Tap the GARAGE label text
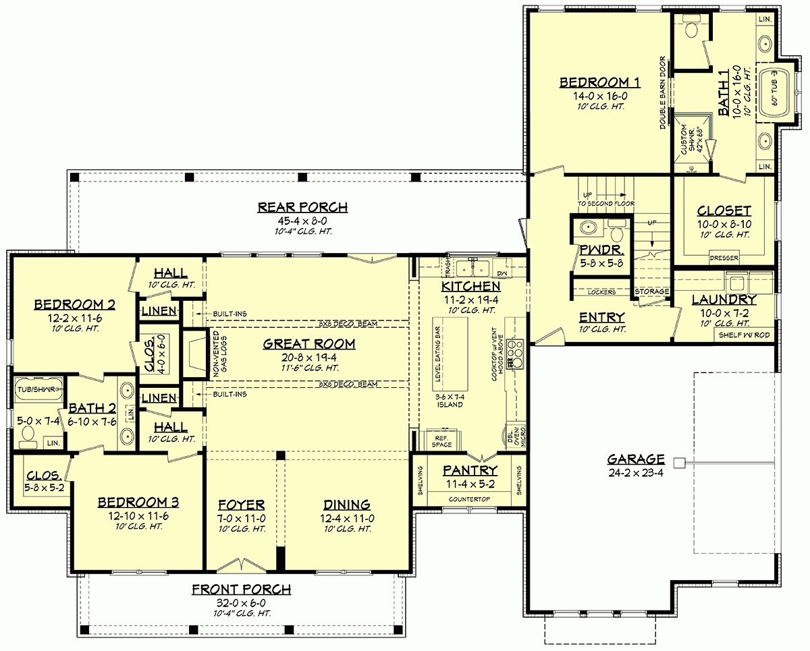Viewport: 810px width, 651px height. pyautogui.click(x=636, y=459)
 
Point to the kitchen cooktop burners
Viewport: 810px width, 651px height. pyautogui.click(x=517, y=349)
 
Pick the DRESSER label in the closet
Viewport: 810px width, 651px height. pyautogui.click(x=724, y=258)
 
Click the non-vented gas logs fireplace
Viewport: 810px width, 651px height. pyautogui.click(x=194, y=354)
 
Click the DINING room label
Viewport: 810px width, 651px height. pyautogui.click(x=346, y=504)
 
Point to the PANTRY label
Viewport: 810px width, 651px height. pyautogui.click(x=470, y=470)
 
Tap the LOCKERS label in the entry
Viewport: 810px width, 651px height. pyautogui.click(x=601, y=291)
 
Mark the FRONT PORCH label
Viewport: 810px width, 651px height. pyautogui.click(x=241, y=589)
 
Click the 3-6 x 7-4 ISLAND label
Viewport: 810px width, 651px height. pyautogui.click(x=449, y=400)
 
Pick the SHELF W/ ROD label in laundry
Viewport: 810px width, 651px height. pyautogui.click(x=743, y=335)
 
